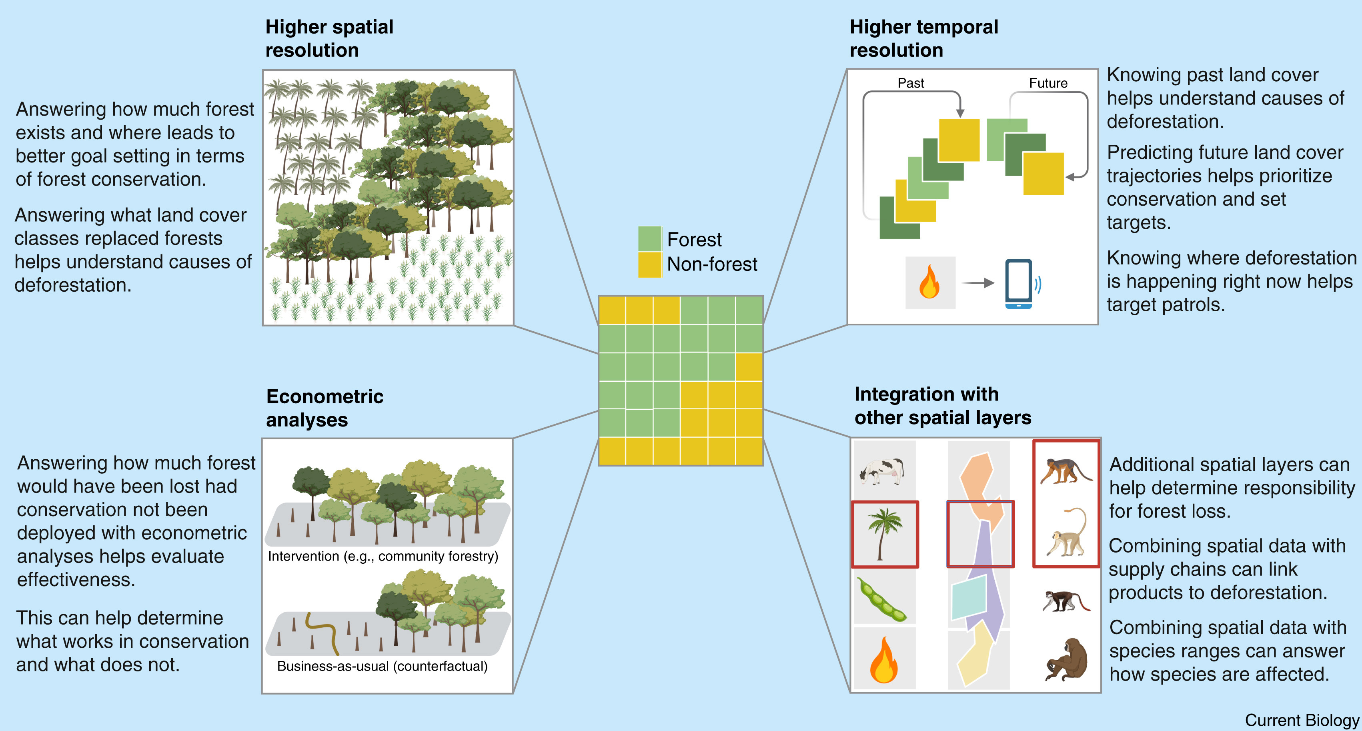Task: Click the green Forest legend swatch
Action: coord(649,238)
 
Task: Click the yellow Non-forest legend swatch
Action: coord(649,264)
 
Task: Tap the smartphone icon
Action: coord(1018,283)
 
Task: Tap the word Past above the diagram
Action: coord(911,83)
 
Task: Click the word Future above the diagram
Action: coord(1048,83)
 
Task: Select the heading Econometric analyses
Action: coord(324,408)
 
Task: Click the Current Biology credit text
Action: coord(1301,720)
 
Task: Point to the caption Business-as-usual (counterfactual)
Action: coord(382,666)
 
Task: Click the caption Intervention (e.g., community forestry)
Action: coord(383,556)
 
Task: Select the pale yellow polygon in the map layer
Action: coord(976,655)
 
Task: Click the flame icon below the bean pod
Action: coord(883,661)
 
